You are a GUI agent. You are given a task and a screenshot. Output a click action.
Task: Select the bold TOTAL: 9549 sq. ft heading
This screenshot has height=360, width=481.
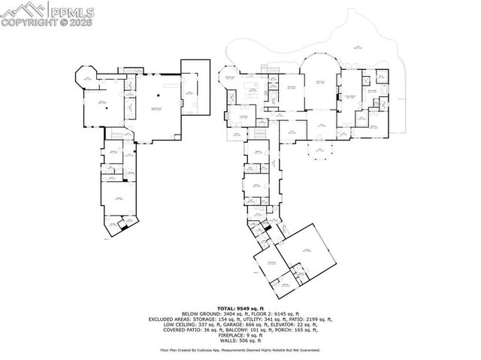tap(240, 308)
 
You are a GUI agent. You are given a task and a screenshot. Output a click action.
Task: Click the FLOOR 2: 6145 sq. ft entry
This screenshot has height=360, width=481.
tap(272, 313)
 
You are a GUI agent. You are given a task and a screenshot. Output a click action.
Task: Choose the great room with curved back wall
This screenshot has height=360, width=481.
tap(319, 86)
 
